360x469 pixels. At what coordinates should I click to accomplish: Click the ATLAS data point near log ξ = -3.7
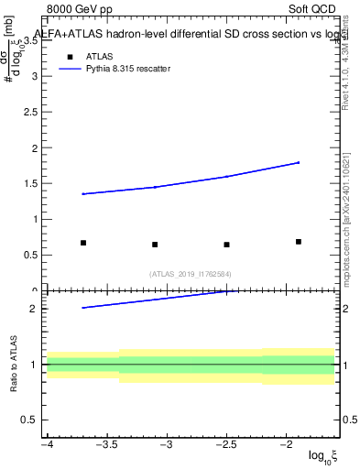[x=83, y=243]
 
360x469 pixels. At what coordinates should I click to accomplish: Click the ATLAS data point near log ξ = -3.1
[x=155, y=245]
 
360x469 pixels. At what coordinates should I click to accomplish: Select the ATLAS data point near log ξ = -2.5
[x=226, y=245]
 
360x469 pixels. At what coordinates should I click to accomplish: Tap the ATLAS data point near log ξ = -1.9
[x=299, y=242]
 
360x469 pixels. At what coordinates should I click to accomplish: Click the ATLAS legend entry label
[x=99, y=56]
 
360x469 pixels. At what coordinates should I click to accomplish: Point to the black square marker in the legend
[x=70, y=56]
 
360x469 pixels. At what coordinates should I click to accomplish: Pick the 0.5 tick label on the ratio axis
[x=27, y=420]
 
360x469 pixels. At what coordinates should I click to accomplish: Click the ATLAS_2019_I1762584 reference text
[x=191, y=273]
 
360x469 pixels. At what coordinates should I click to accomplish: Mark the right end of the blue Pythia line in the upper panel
[x=299, y=162]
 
